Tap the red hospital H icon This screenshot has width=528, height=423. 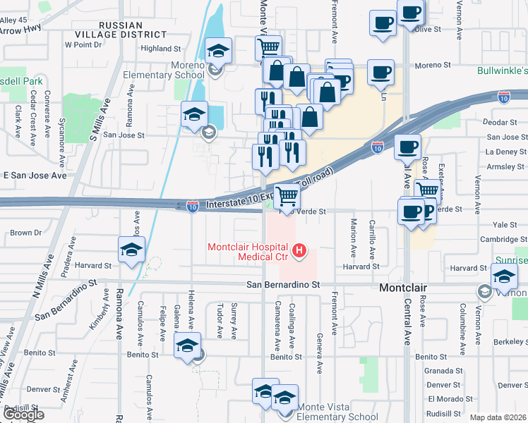click(300, 250)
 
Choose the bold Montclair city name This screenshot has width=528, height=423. click(405, 288)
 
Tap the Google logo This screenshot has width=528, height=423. click(23, 415)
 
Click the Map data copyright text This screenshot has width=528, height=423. click(498, 417)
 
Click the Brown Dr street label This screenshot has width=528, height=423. click(21, 233)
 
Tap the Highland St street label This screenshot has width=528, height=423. click(161, 49)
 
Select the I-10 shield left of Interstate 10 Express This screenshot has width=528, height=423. click(193, 206)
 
